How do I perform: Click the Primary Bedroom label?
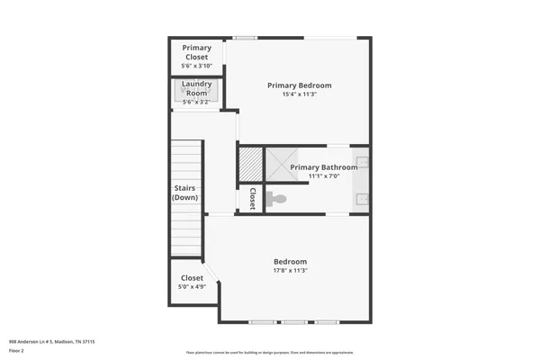click(x=300, y=85)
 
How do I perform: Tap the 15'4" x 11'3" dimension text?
click(x=300, y=94)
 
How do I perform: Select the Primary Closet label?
click(x=196, y=52)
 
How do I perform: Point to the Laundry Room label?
click(x=196, y=88)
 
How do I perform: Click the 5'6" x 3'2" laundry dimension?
click(x=196, y=102)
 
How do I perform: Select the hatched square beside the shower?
click(x=249, y=163)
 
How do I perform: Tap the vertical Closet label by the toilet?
click(x=253, y=199)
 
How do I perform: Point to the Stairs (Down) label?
click(x=185, y=193)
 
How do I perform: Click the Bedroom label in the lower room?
click(x=290, y=262)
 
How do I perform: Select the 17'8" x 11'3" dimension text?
click(x=290, y=271)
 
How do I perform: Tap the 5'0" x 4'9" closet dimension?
click(x=193, y=287)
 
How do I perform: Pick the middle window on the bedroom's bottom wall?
click(x=294, y=321)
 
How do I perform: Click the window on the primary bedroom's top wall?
click(x=244, y=38)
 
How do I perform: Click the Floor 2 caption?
click(x=16, y=351)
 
